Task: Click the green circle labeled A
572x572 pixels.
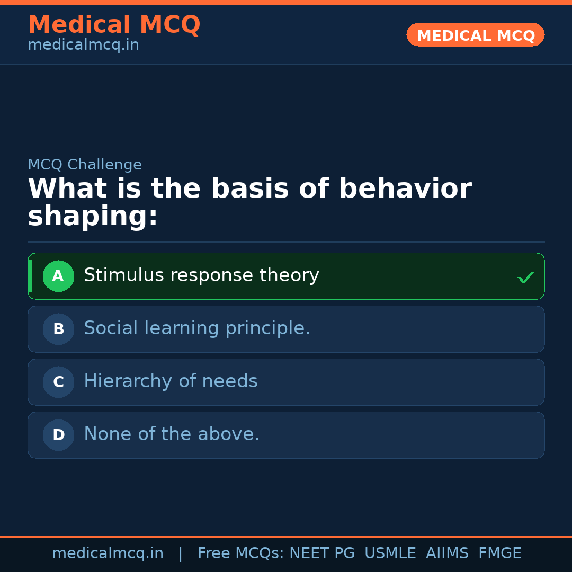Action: (58, 276)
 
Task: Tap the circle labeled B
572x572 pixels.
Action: (58, 329)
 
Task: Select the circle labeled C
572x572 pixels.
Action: (58, 382)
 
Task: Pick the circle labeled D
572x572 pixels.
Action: (58, 435)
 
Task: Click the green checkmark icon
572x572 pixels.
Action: (525, 277)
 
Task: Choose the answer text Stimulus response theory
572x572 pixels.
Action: (201, 275)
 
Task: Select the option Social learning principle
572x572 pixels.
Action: (197, 328)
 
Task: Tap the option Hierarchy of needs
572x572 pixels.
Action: (171, 381)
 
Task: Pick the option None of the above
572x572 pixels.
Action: (172, 434)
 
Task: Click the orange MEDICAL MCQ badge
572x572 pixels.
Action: (476, 35)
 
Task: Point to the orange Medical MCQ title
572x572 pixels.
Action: (114, 25)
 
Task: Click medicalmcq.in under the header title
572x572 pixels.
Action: (83, 46)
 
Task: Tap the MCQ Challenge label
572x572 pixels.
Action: (85, 165)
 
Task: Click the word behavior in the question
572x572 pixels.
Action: (405, 189)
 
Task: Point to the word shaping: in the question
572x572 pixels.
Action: (93, 217)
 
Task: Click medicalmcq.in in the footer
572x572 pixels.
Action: (108, 553)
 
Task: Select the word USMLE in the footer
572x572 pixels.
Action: (390, 553)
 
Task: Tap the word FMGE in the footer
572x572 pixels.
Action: (499, 553)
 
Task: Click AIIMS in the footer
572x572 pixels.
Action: (447, 553)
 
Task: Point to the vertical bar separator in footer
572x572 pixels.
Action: (181, 553)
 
